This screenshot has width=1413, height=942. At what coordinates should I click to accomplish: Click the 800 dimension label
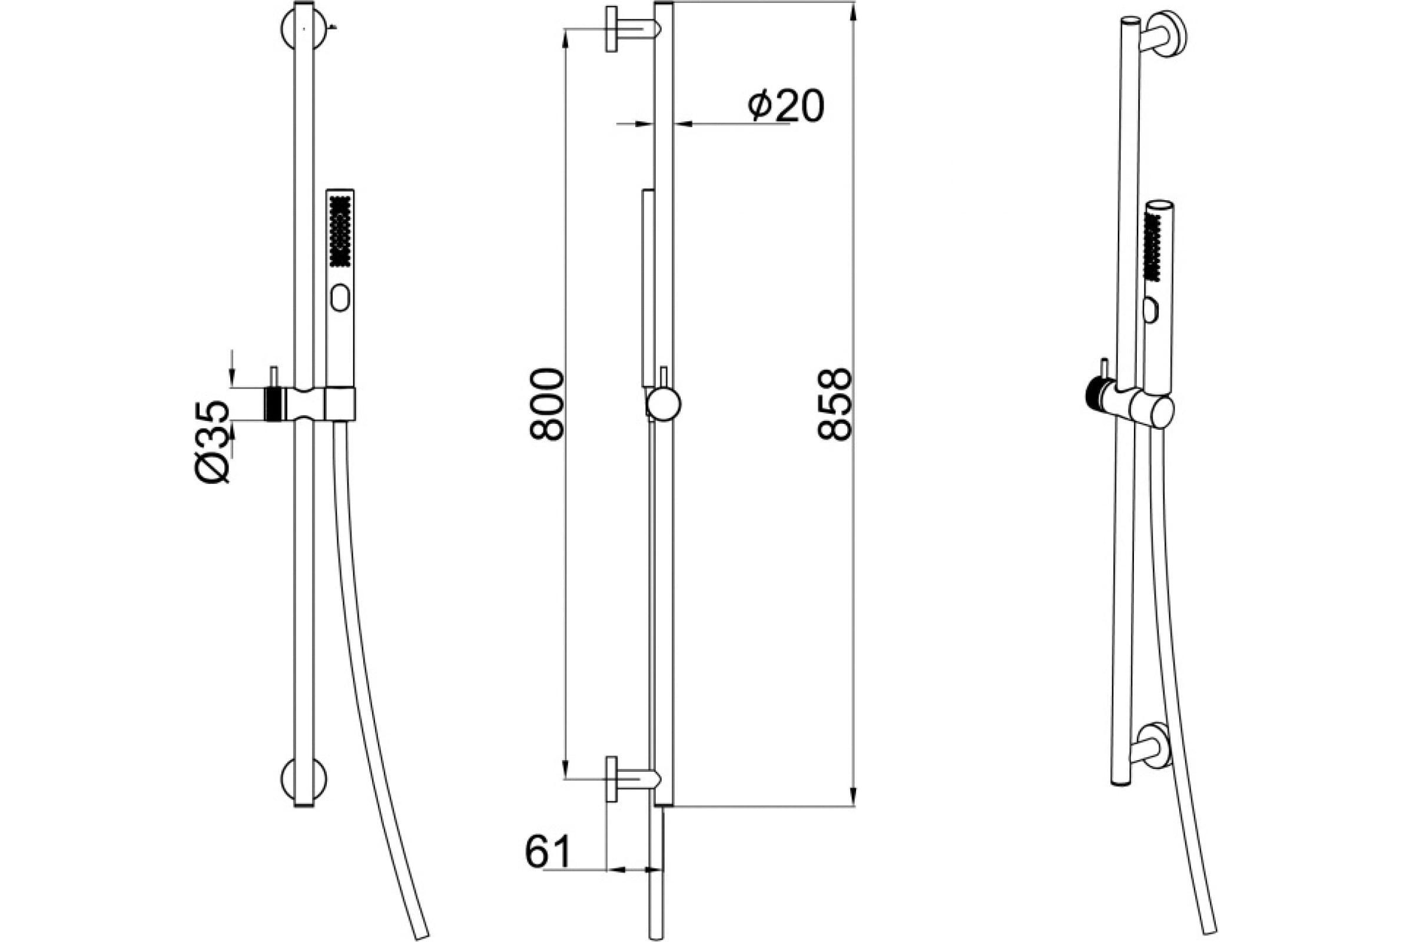[x=548, y=405]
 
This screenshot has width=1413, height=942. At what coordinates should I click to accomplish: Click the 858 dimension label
[x=835, y=405]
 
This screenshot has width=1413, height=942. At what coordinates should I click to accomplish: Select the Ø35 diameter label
[x=213, y=442]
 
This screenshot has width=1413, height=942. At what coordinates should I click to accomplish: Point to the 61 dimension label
[x=548, y=851]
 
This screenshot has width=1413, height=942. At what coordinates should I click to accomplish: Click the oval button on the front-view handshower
[x=340, y=297]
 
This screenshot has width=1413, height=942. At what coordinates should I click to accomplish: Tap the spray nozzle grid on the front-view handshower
[x=340, y=231]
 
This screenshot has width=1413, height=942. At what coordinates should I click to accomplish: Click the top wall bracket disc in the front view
[x=304, y=29]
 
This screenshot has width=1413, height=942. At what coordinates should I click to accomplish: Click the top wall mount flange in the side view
[x=612, y=29]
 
